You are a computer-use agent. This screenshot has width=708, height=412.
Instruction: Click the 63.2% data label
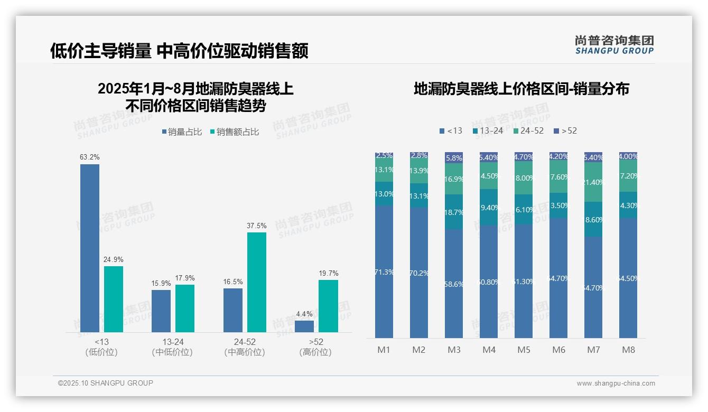[90, 157]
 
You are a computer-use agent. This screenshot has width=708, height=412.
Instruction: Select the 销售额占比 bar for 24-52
[257, 282]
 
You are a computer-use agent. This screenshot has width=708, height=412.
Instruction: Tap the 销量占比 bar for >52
[304, 326]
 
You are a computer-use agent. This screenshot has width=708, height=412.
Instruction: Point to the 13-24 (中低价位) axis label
[173, 347]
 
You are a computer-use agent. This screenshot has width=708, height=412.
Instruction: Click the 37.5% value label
[257, 226]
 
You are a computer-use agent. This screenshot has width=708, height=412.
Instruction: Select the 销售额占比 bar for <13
[114, 299]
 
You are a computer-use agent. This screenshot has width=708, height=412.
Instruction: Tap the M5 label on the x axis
[524, 350]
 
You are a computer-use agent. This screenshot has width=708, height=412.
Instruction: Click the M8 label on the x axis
[628, 350]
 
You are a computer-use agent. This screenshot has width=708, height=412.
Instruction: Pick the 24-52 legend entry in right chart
[528, 130]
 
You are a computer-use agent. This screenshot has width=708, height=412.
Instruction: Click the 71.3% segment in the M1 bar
[384, 271]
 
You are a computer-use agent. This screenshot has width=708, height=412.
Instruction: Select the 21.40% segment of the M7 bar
[593, 182]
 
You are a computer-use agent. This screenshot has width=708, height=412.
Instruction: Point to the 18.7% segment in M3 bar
[454, 212]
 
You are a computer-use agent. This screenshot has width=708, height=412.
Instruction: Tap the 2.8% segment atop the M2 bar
[419, 156]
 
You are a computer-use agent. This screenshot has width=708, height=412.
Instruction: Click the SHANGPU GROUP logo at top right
[614, 45]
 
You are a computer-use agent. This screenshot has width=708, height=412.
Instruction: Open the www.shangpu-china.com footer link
[616, 383]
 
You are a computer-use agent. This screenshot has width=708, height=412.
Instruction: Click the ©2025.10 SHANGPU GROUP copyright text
[106, 383]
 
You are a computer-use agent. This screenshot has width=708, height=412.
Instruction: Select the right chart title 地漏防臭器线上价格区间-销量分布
[521, 89]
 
